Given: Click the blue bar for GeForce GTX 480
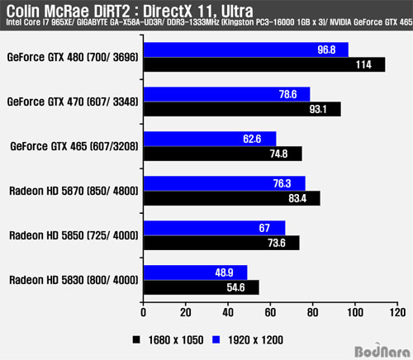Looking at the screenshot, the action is coord(246,50).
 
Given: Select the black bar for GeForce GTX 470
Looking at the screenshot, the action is coord(242,109).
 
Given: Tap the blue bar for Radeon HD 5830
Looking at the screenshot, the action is coord(196,272).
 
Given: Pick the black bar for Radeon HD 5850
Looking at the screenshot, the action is coord(221,243).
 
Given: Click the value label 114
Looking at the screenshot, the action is coord(363,64).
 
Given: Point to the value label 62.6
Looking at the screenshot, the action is coord(252,139).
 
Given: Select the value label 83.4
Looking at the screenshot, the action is coord(297,198).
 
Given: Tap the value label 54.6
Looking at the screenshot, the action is coord(235,287).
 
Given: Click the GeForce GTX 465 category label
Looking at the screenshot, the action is coord(74,146).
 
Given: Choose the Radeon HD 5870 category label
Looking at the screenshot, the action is coord(74,191).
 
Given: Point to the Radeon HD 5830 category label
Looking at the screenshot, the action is coord(74,280).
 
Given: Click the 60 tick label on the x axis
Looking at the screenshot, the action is coord(270,313).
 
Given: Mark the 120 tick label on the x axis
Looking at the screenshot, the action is coord(397,313).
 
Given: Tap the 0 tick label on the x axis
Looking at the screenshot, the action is coord(143,313).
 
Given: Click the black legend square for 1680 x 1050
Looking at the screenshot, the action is coord(136,339).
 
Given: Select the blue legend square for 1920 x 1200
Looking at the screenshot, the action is coord(216,339).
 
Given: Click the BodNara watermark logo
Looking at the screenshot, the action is coord(382,351).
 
